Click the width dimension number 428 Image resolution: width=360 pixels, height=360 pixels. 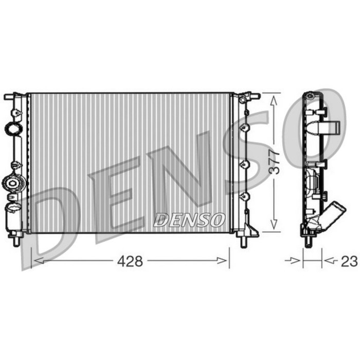(x=130, y=261)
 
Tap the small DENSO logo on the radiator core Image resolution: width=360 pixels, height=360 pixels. (x=189, y=220)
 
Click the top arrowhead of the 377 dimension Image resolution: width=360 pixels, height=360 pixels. (x=276, y=99)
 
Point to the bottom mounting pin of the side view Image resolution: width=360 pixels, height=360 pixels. (x=308, y=241)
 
